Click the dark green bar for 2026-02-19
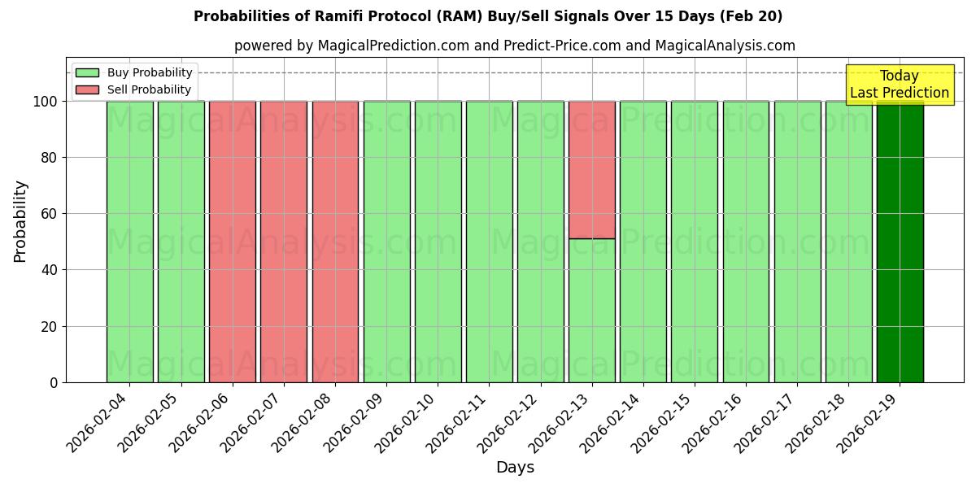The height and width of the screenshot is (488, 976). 900,242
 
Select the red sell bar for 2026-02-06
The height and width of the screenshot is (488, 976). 233,242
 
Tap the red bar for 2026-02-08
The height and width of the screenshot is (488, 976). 335,242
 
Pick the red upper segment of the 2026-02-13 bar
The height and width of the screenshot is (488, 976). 592,170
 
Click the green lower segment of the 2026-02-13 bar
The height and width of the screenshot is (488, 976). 592,310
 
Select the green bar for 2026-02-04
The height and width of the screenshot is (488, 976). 130,242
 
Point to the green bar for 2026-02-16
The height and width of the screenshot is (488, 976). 746,242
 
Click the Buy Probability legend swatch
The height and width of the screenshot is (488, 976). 87,73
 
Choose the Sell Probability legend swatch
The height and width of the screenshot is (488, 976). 87,90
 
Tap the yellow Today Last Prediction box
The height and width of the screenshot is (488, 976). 900,85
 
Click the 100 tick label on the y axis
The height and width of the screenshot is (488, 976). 46,102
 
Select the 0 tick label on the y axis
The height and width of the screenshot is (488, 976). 54,382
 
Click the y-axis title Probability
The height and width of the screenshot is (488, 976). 20,221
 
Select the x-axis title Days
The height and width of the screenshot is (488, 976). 515,468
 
